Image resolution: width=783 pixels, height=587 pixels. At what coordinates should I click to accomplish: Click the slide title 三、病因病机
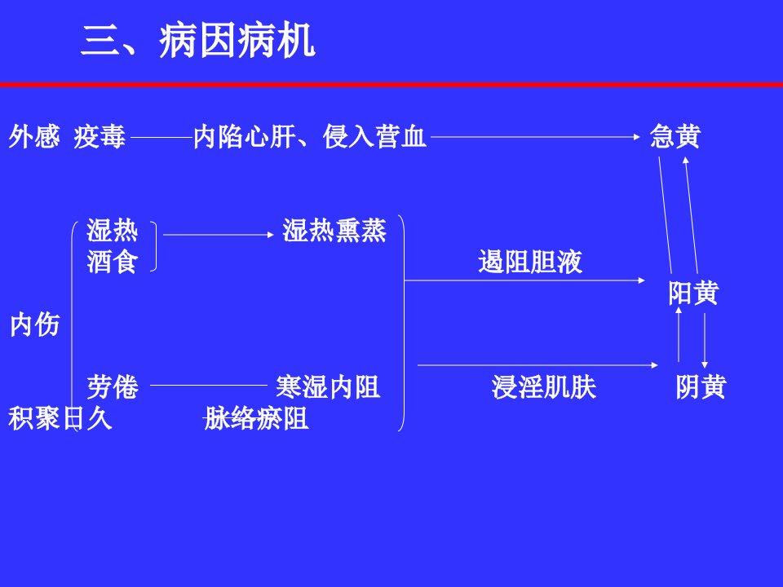(197, 41)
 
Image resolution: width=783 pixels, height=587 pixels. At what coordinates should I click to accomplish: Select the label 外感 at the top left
(34, 136)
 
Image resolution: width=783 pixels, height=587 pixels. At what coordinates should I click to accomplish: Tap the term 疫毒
(100, 136)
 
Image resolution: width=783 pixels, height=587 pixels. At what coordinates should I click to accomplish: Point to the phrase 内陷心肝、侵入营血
(310, 136)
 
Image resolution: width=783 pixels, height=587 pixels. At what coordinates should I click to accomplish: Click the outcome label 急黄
(675, 136)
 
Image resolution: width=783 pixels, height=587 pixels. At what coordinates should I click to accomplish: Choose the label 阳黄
(693, 293)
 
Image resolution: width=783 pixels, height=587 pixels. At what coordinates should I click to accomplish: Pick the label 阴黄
(701, 386)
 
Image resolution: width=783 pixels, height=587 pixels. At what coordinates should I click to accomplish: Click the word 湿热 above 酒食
(113, 230)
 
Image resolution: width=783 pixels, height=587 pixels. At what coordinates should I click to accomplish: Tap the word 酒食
(113, 261)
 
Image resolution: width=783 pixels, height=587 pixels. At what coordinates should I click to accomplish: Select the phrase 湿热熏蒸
(334, 230)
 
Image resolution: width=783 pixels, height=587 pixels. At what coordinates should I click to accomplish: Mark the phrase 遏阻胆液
(530, 261)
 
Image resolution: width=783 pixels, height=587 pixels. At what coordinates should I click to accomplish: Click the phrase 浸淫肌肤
(544, 386)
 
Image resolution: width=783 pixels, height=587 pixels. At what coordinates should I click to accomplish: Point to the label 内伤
(35, 324)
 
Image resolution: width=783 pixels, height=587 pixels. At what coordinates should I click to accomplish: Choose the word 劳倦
(113, 386)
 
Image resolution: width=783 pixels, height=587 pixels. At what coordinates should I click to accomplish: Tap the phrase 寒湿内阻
(328, 386)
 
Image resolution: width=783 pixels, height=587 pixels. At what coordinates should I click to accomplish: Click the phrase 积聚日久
(60, 417)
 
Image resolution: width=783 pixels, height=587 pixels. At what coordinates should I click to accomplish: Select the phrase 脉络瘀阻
(256, 417)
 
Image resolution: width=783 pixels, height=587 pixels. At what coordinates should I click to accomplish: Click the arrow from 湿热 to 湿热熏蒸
(219, 235)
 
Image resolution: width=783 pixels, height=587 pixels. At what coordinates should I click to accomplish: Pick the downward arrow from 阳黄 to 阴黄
(705, 341)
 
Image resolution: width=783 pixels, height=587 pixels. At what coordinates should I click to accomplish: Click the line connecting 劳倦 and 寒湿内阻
(209, 386)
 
